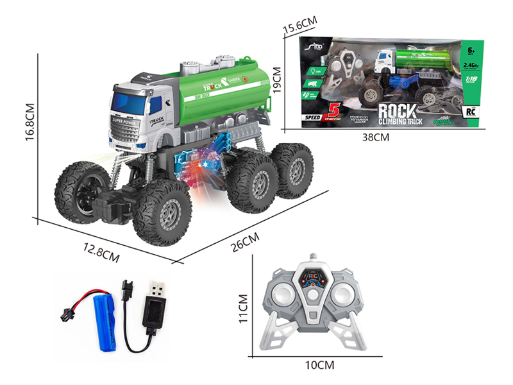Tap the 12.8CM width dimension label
[x=101, y=253]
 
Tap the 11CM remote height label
[x=242, y=309]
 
